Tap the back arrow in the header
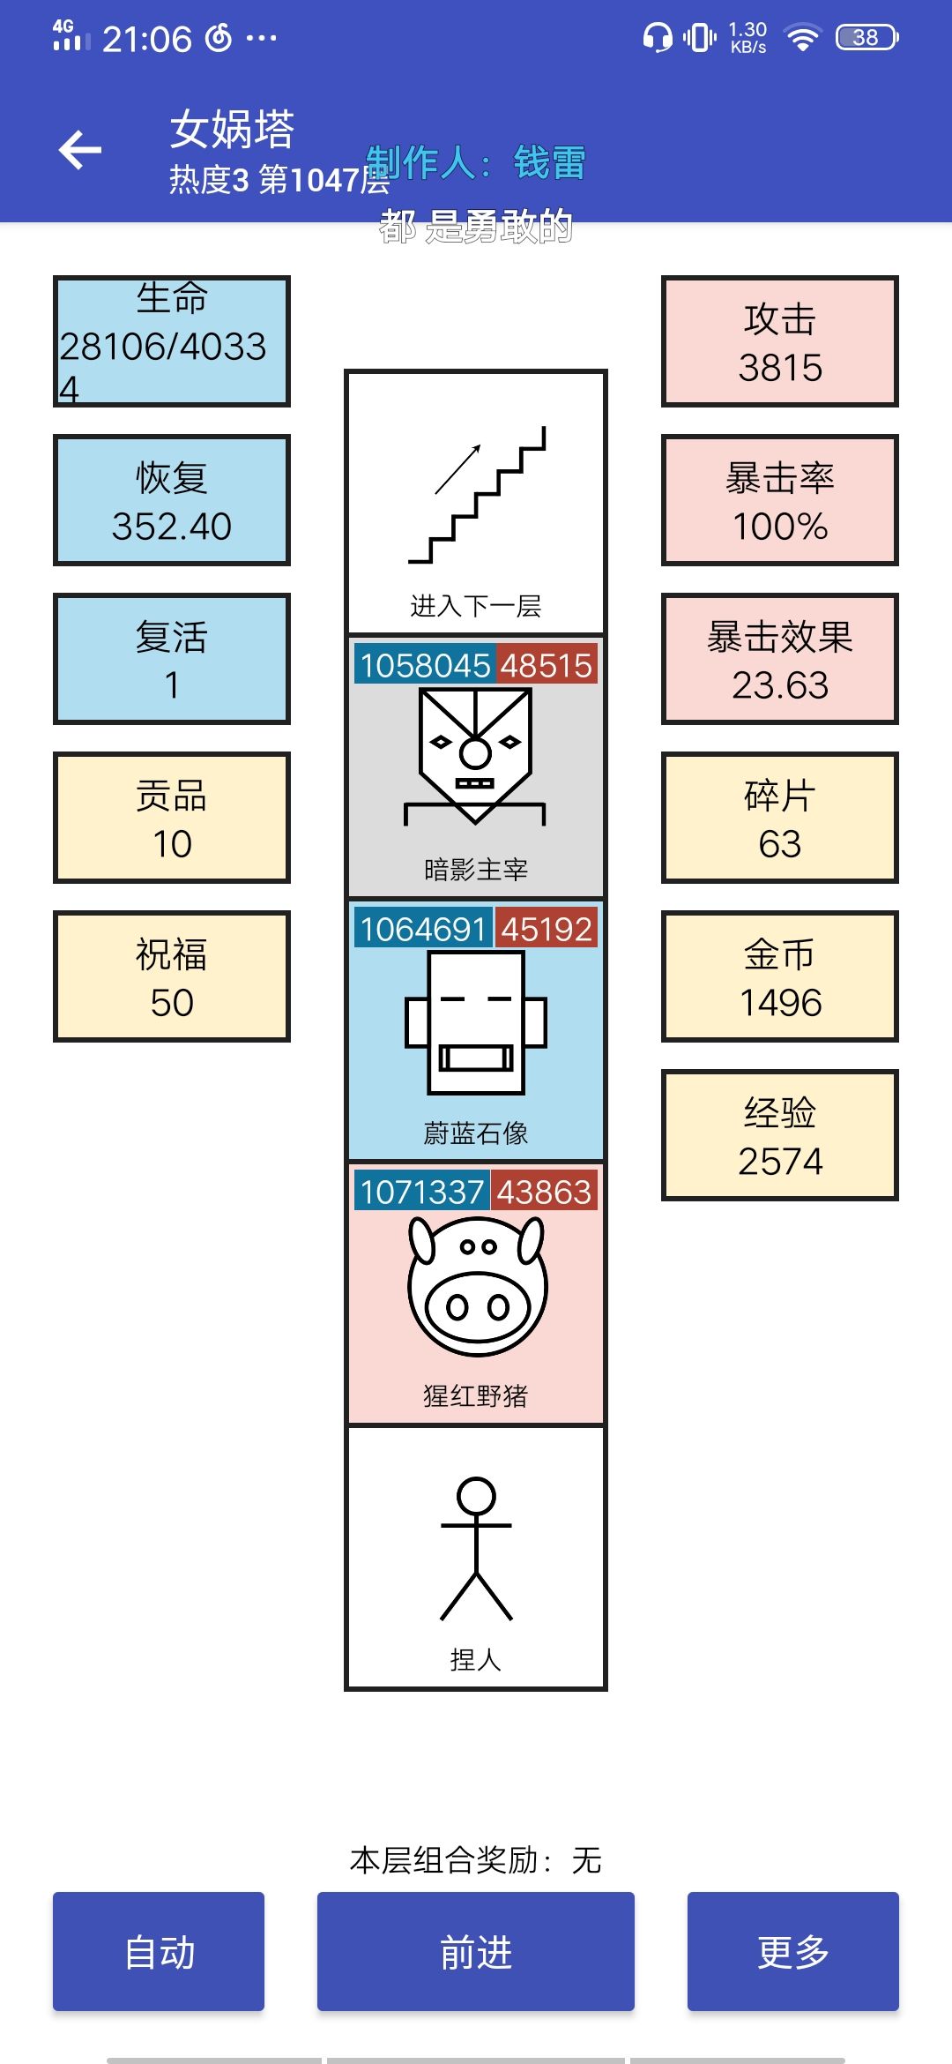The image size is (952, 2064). (x=80, y=150)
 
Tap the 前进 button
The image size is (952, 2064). (x=476, y=1951)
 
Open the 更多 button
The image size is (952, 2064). (x=793, y=1951)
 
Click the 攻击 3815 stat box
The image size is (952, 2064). (x=780, y=341)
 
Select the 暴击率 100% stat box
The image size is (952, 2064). (x=780, y=500)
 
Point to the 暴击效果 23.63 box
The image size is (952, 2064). (x=780, y=659)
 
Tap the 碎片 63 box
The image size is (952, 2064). (x=780, y=818)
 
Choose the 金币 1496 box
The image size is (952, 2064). (x=780, y=976)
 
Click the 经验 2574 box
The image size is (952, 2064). (x=780, y=1135)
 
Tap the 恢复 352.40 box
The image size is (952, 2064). (x=172, y=500)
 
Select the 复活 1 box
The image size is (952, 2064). (x=172, y=659)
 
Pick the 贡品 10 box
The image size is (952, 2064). (x=172, y=818)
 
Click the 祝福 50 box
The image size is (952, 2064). (x=172, y=976)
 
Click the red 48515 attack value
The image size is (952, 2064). (x=547, y=665)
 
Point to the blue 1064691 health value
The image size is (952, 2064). (x=423, y=929)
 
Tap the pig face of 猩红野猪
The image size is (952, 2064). (x=477, y=1286)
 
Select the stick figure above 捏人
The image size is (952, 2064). (x=476, y=1549)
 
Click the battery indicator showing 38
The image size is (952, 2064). (x=867, y=37)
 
